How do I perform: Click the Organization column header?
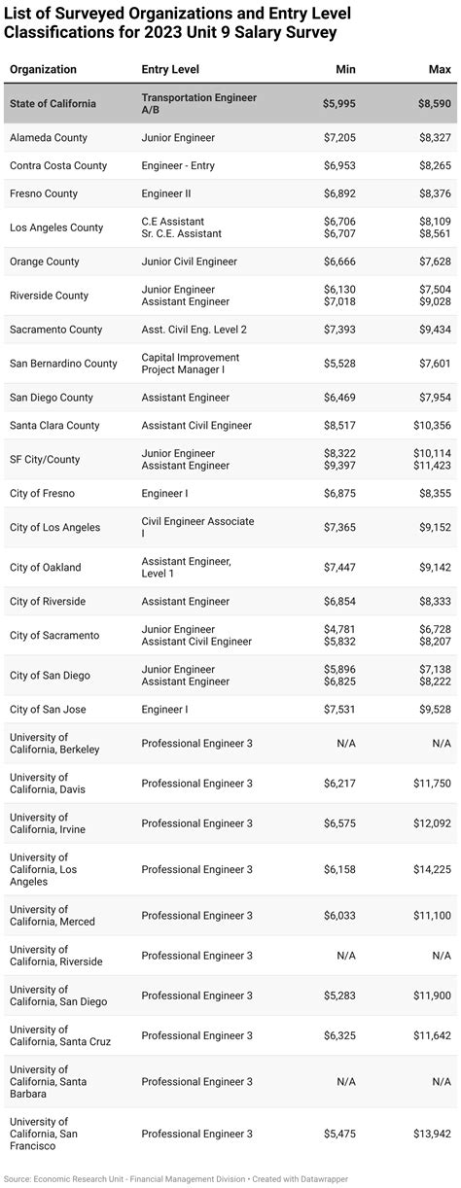[43, 70]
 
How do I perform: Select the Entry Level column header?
[169, 70]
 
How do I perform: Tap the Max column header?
[439, 70]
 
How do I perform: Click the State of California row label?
[53, 104]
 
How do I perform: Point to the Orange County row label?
[45, 262]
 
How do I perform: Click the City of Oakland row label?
[46, 568]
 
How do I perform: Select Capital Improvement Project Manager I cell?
[190, 364]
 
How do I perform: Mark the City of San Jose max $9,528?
[434, 710]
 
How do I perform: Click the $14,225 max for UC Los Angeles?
[431, 869]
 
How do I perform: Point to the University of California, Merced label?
[53, 916]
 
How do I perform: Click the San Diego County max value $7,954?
[434, 398]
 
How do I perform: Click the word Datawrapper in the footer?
[322, 1178]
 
